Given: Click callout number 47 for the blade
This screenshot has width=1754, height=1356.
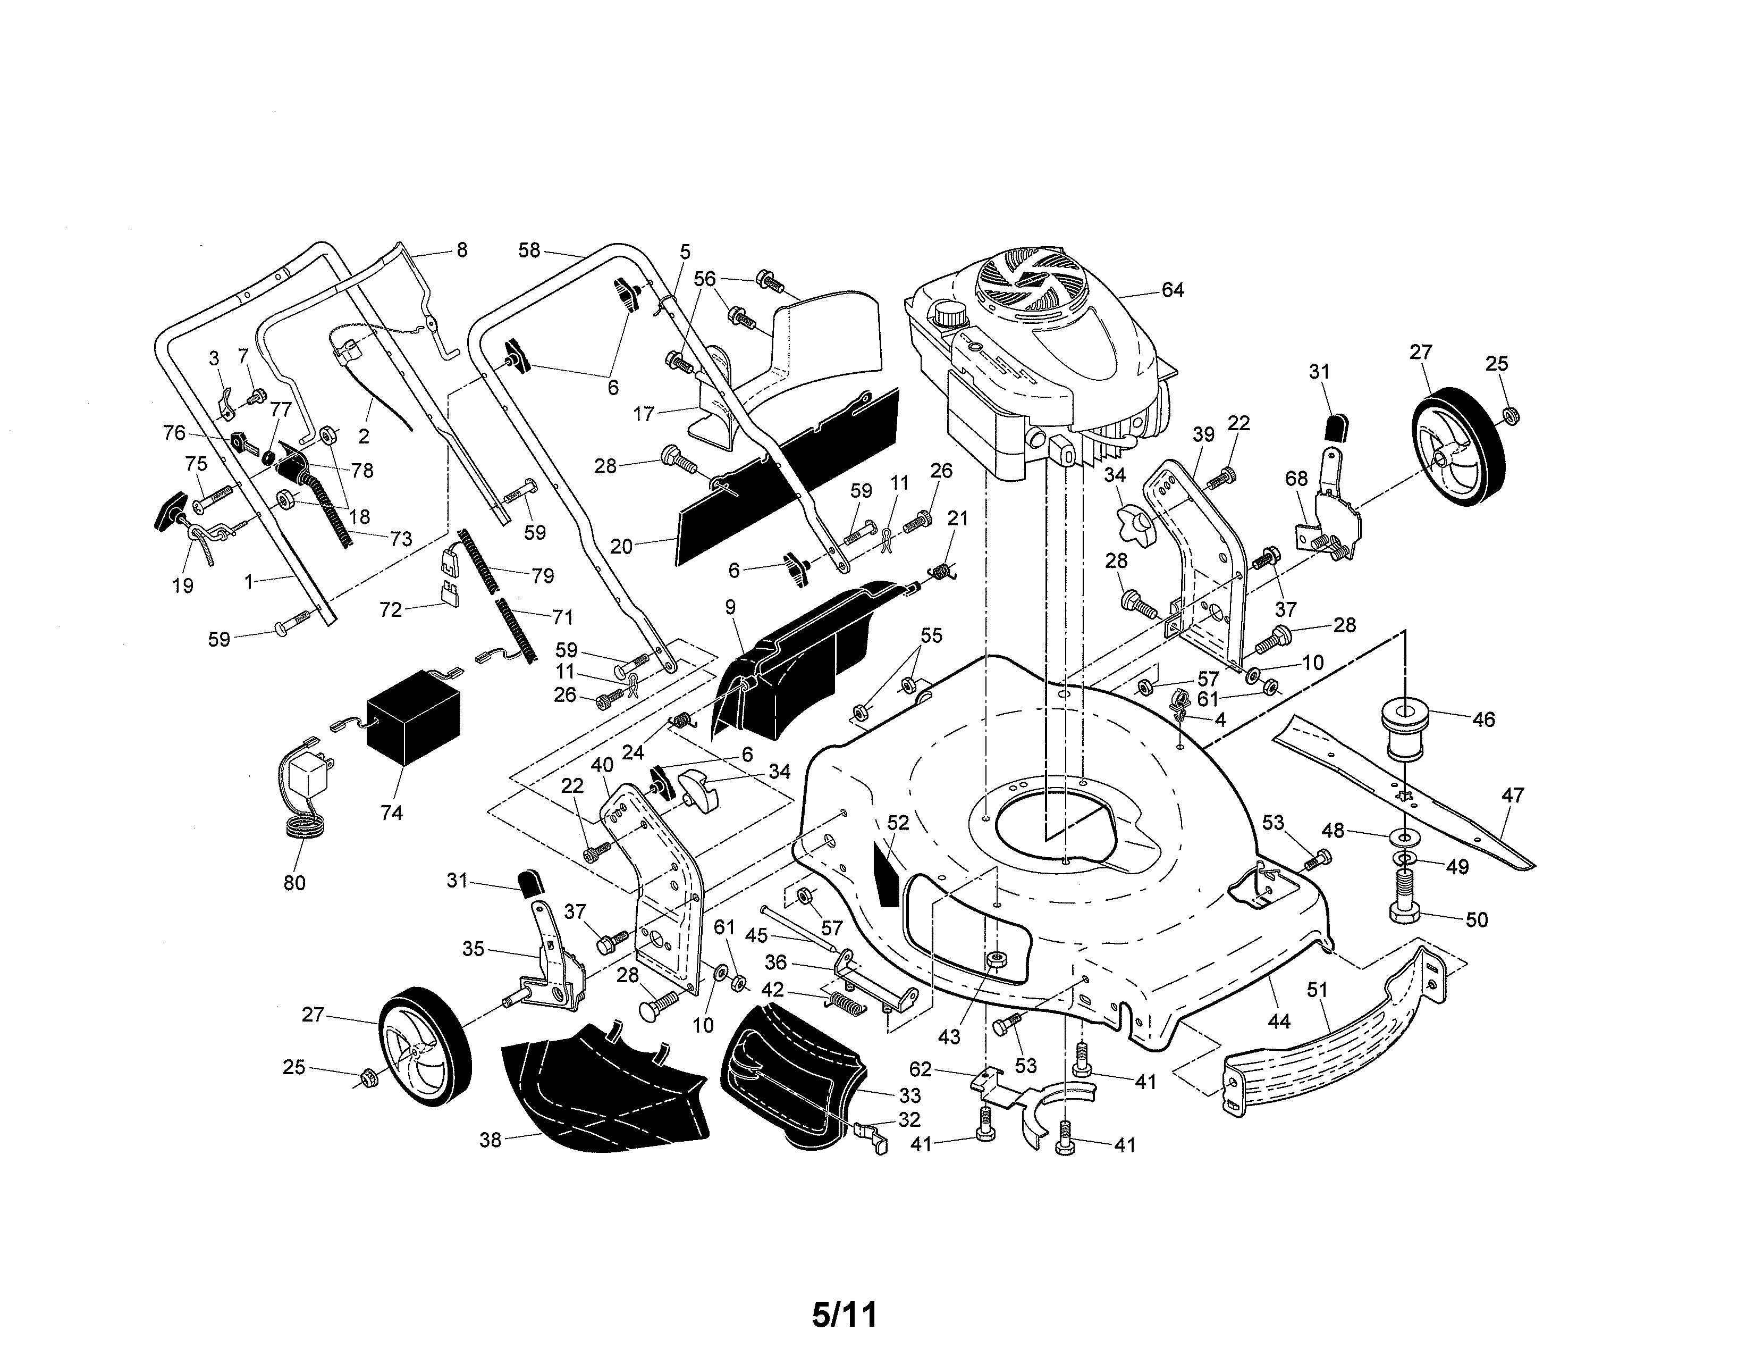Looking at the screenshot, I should pyautogui.click(x=1512, y=796).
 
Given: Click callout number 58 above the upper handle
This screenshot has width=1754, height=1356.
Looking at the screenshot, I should pyautogui.click(x=528, y=250).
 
